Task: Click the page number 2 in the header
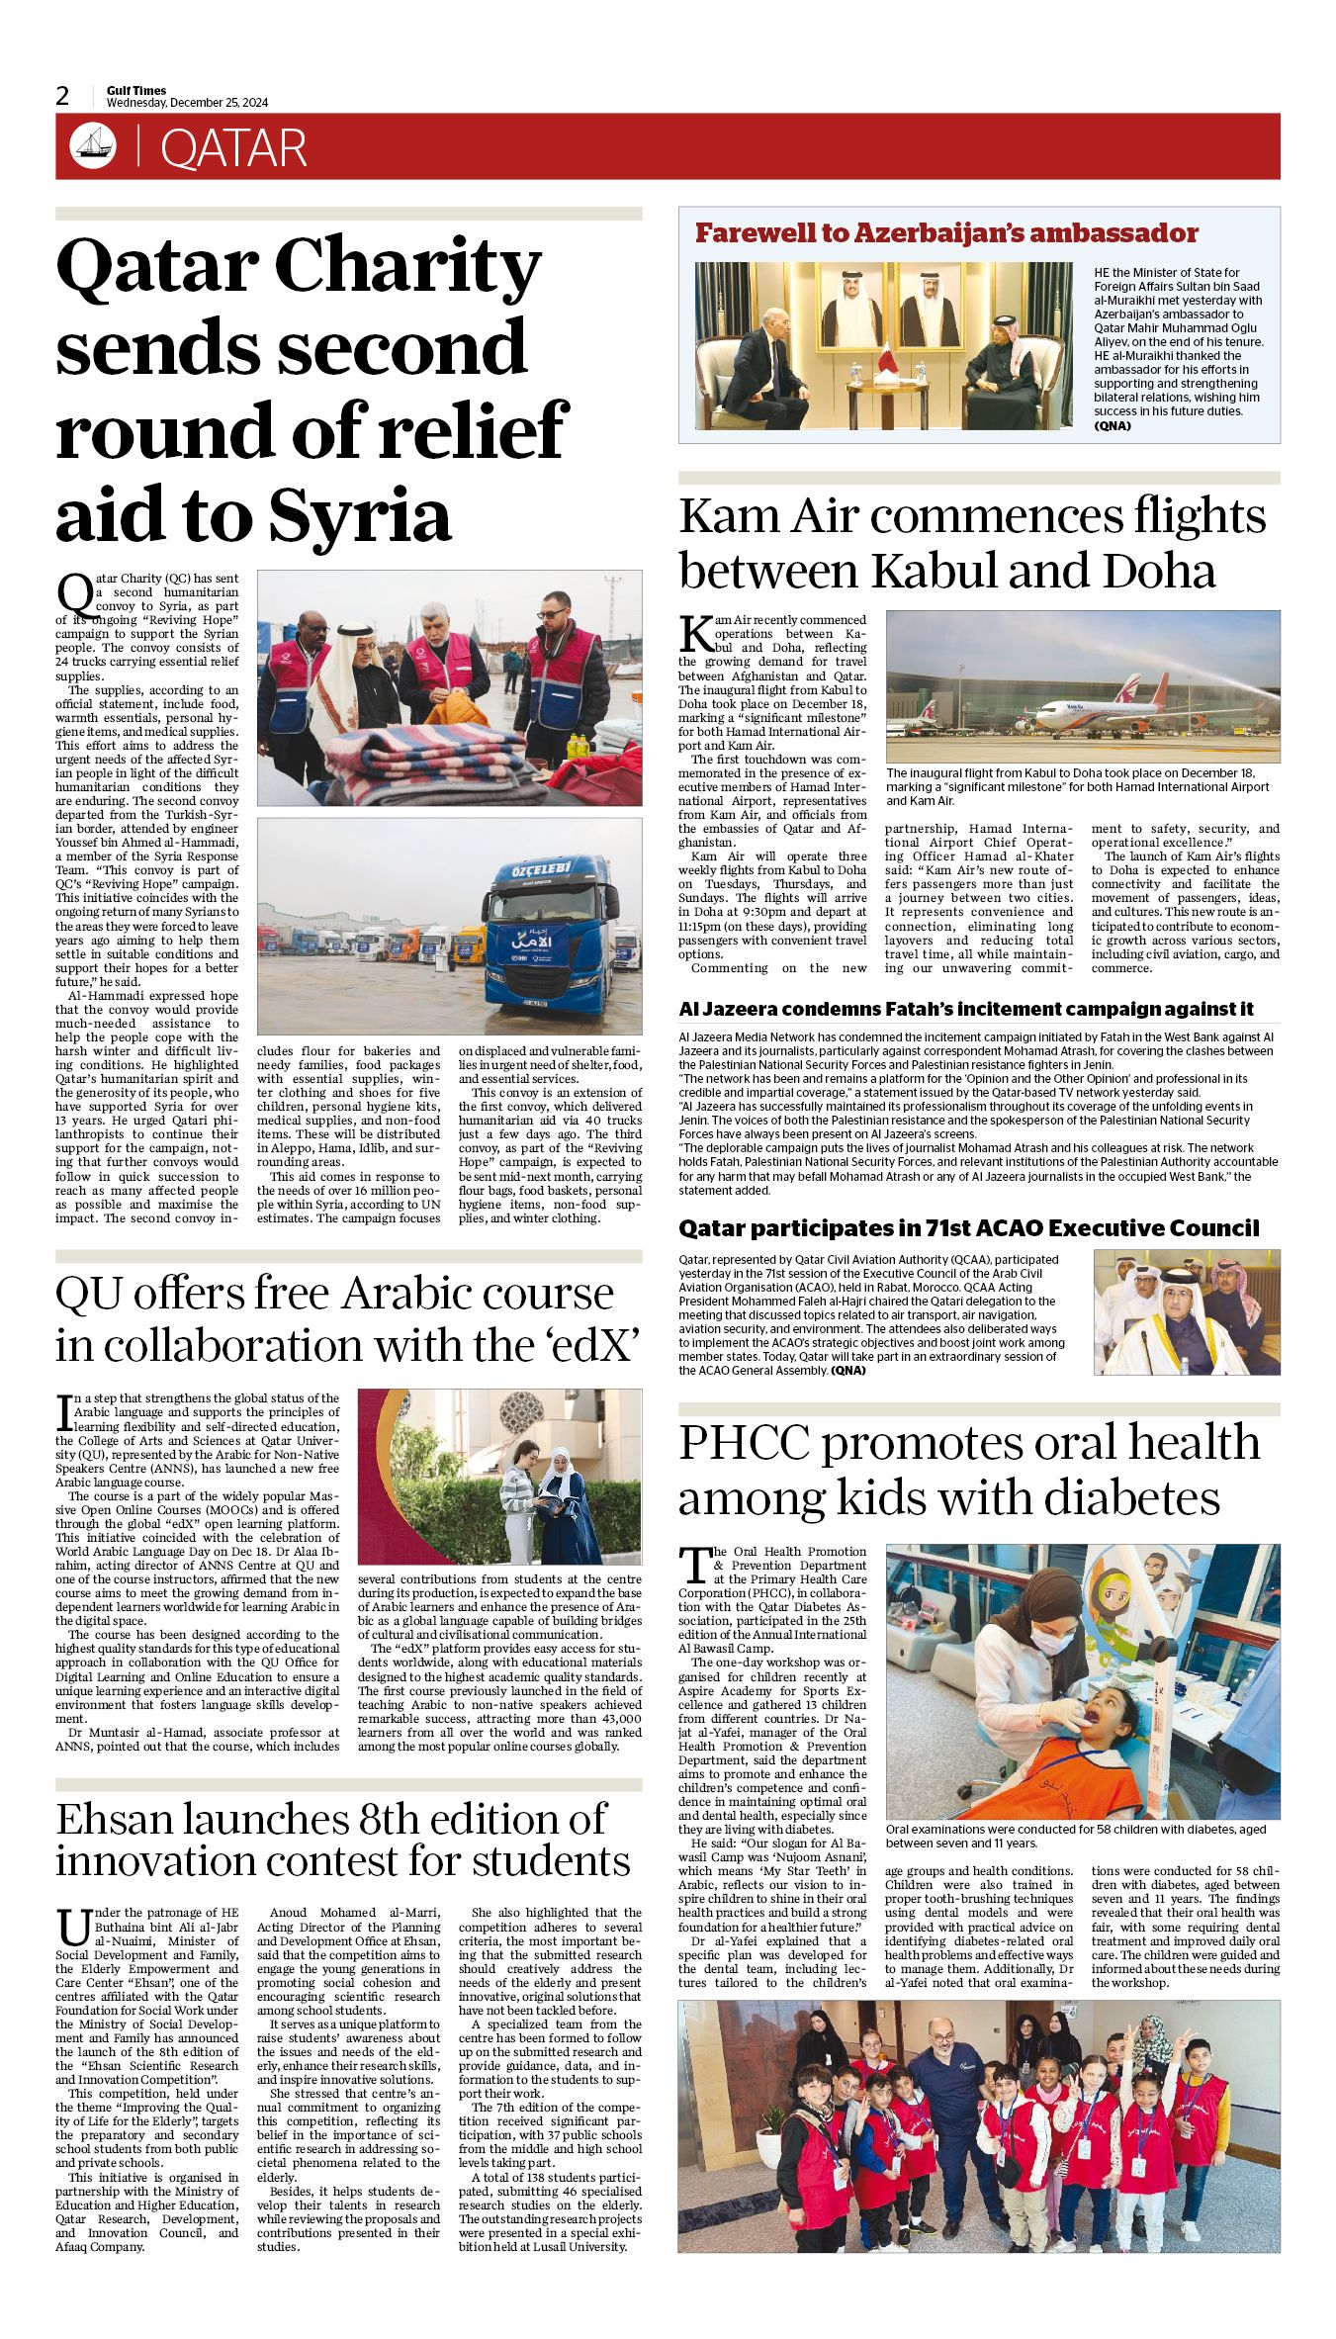tap(63, 96)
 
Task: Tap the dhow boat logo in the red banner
tap(93, 146)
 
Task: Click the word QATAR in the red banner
tap(233, 148)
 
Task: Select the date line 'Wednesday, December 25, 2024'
tap(187, 103)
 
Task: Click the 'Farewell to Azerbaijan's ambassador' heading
tap(946, 233)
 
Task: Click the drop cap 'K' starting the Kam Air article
tap(695, 633)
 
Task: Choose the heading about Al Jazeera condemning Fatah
tap(966, 1009)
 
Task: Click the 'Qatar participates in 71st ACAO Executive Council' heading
tap(969, 1228)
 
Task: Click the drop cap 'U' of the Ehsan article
tap(73, 1928)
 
